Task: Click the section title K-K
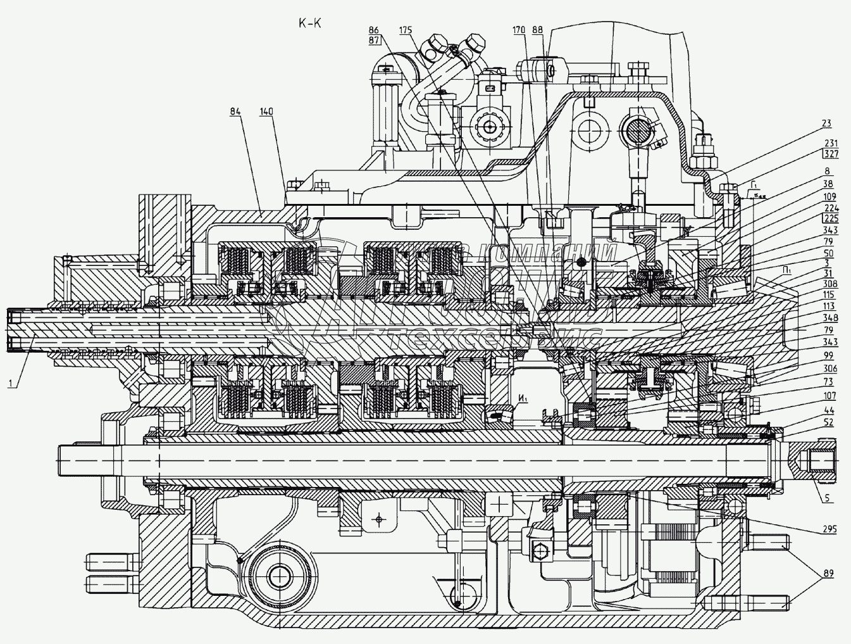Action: click(310, 24)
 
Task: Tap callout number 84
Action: click(235, 112)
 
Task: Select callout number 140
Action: click(266, 112)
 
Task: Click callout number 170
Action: click(519, 30)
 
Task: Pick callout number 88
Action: click(538, 30)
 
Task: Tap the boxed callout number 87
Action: click(373, 40)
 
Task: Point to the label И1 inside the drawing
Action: click(522, 398)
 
